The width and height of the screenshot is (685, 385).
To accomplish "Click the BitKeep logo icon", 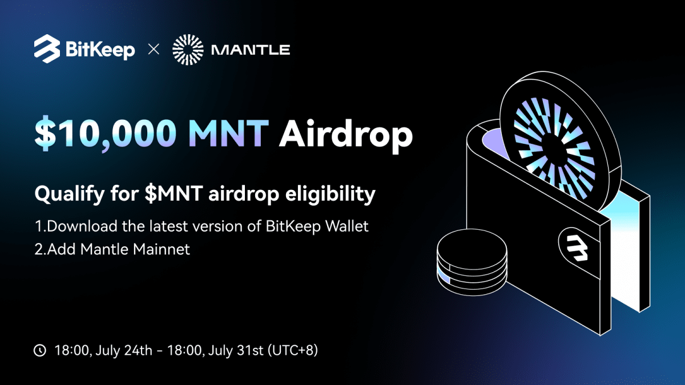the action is coord(47,49).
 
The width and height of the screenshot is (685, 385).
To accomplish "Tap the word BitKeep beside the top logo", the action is coord(100,50).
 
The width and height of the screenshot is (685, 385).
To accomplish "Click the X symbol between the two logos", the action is coord(154,49).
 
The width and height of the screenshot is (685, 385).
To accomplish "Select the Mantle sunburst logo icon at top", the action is coord(188,50).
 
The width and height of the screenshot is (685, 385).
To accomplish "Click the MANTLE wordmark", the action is coord(251,50).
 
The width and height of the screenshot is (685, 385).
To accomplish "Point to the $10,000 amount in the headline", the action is coord(106,133).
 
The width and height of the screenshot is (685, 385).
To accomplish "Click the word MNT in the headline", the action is coord(228,133).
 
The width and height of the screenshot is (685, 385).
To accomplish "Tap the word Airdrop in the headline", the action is coord(346,136).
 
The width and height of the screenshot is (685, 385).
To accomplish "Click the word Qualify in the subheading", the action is coord(70,194).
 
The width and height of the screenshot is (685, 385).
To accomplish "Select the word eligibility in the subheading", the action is coord(331,194).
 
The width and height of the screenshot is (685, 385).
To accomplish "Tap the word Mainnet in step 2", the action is coord(161,249).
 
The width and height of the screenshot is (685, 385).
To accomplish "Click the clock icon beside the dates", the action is coord(40,350).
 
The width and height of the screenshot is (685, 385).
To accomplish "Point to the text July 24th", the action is coord(124,350).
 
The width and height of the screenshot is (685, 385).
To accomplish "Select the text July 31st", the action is coord(235,350).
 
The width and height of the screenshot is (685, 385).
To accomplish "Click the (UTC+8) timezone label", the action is coord(293,350).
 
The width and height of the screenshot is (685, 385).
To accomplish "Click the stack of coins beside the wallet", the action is coord(472,262).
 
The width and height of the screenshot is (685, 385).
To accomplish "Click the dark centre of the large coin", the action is coord(554,149).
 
